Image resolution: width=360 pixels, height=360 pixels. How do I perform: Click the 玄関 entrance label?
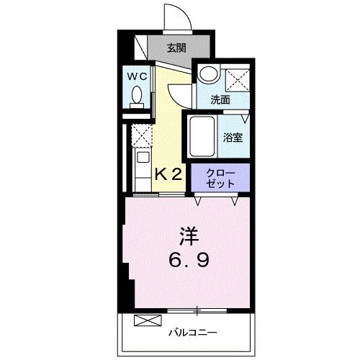[176, 48]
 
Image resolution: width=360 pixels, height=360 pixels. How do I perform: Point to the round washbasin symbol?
[208, 74]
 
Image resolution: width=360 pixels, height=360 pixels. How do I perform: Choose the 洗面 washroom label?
[220, 100]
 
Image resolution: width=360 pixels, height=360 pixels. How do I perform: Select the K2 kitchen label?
[169, 174]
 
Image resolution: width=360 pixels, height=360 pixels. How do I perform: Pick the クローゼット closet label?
[220, 178]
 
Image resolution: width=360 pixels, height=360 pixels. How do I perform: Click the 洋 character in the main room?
[186, 235]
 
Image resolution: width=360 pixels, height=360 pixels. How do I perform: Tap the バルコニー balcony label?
[192, 332]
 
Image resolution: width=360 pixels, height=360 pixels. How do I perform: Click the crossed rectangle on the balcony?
[145, 321]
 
